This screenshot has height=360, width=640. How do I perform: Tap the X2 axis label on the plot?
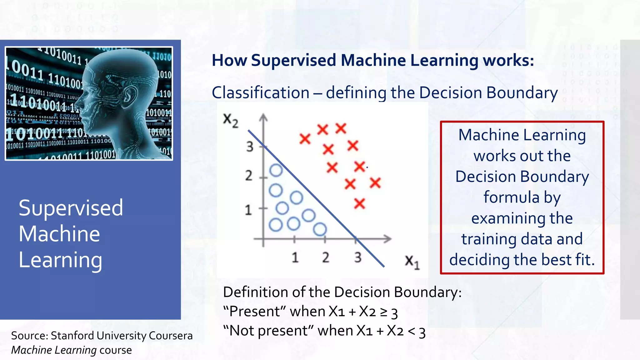[231, 120]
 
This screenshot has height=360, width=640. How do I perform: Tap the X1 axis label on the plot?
[412, 262]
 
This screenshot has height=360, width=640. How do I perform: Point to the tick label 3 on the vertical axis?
[249, 146]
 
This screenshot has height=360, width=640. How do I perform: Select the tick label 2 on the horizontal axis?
[326, 257]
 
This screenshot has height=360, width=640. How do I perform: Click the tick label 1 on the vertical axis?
[248, 210]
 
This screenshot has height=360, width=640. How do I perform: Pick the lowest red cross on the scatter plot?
[359, 204]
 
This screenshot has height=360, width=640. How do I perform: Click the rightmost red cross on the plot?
[375, 183]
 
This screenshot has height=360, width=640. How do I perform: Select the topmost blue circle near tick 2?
[276, 170]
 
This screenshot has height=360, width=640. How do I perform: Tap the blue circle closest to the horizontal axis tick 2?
[320, 229]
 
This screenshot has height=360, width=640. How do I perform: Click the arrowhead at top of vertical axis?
[263, 117]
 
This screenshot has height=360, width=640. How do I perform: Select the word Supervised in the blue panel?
[71, 208]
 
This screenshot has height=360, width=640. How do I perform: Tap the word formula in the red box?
[511, 197]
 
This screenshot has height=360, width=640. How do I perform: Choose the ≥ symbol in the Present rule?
[383, 312]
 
